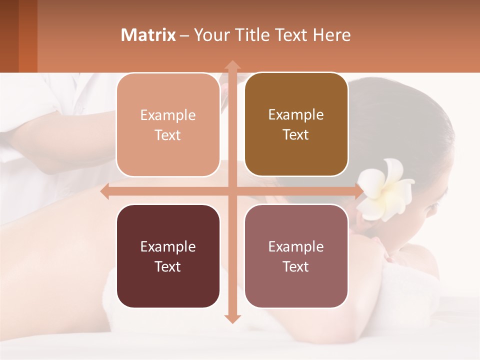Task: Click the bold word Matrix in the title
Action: click(148, 35)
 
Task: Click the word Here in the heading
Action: click(331, 35)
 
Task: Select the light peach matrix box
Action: click(168, 125)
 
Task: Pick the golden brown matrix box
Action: click(296, 124)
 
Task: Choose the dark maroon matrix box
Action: click(168, 256)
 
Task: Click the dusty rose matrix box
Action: click(296, 256)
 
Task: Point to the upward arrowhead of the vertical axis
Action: click(232, 65)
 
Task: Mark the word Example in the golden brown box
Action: click(296, 114)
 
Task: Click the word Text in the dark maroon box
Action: click(168, 266)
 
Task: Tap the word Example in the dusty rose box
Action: click(296, 246)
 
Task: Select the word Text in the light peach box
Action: click(168, 135)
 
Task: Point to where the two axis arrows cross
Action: click(232, 191)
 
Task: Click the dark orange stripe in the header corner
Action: click(28, 36)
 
